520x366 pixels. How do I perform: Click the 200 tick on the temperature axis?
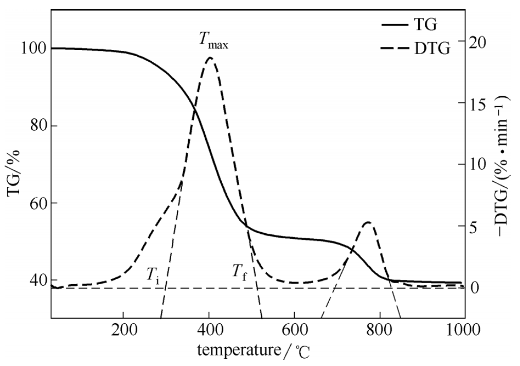(123, 329)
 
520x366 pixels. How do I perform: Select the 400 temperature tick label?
(209, 329)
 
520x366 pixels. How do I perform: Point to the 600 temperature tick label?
(294, 329)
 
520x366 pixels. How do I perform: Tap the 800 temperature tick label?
(380, 329)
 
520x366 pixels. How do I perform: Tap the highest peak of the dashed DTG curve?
(209, 58)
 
